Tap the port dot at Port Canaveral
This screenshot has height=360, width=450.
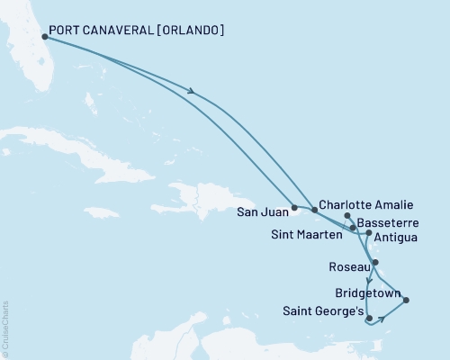[44, 37]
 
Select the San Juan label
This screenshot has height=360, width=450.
[262, 213]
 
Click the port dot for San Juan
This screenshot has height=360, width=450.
[294, 208]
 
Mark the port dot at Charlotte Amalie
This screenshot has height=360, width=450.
[314, 209]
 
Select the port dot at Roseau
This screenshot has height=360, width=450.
[376, 263]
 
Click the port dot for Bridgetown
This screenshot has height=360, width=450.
[406, 301]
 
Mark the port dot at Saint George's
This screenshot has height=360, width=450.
[368, 318]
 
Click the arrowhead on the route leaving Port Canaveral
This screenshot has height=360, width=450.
[192, 89]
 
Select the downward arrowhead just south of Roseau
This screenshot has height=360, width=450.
[369, 280]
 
